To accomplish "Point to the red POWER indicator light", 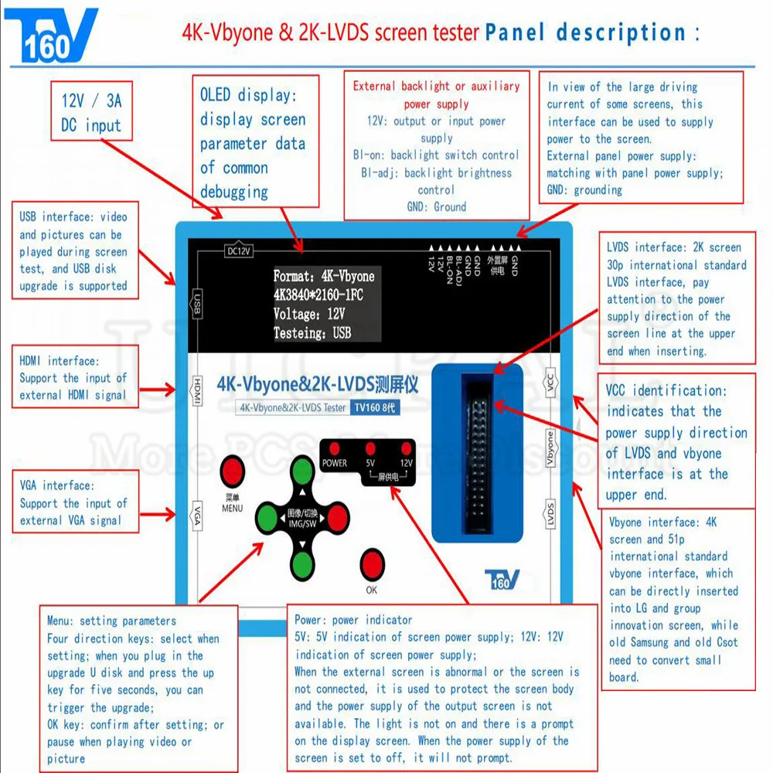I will click(335, 448).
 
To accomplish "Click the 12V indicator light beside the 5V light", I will click(406, 448).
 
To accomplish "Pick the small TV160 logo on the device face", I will click(501, 578).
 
